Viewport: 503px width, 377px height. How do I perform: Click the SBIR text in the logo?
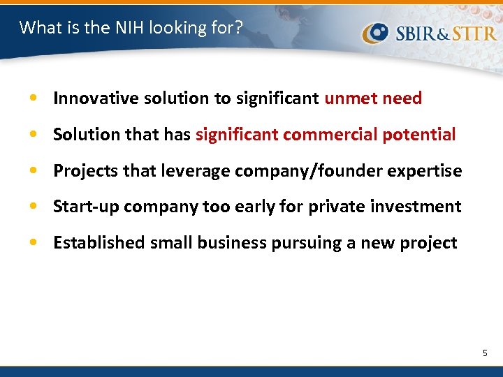point(416,33)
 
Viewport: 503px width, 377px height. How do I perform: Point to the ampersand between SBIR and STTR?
point(444,34)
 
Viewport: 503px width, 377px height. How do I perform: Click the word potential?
point(419,135)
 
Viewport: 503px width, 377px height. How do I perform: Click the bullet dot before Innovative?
point(34,99)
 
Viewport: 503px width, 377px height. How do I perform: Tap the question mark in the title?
point(239,27)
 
